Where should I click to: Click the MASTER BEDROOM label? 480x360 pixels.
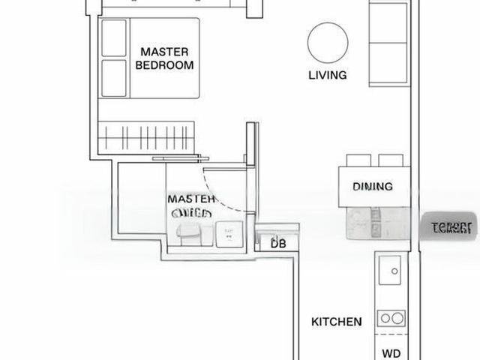point(164,58)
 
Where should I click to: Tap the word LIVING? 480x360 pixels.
point(328,75)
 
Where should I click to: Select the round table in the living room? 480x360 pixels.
point(328,43)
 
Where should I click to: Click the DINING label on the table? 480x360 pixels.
point(373,187)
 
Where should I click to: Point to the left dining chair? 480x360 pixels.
point(358,160)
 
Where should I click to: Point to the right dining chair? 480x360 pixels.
point(390,160)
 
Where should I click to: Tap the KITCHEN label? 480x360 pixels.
point(337,322)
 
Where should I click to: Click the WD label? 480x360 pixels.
point(391,353)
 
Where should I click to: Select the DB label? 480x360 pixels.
point(278,244)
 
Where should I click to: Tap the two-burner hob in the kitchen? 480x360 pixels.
point(390,319)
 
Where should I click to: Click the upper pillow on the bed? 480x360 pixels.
point(114,37)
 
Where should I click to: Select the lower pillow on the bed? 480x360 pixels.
point(114,77)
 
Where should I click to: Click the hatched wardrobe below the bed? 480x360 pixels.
point(148,137)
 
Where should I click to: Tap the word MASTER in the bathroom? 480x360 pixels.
point(192,199)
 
